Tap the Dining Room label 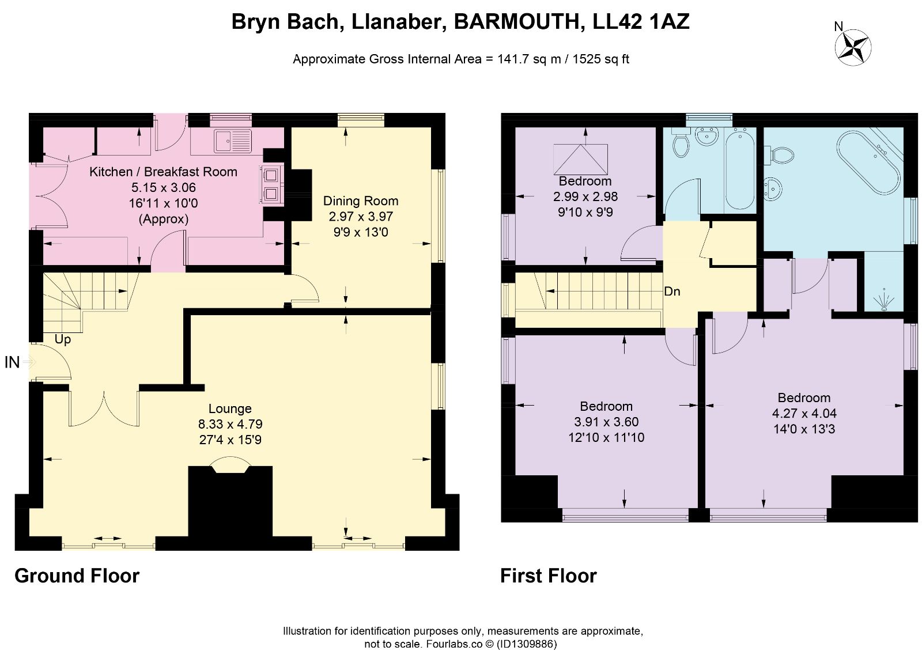(x=361, y=201)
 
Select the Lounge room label (x=230, y=408)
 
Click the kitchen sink (x=233, y=140)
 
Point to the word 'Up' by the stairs (x=63, y=339)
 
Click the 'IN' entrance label (x=12, y=362)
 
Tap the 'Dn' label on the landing (x=672, y=292)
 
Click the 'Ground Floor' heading (x=77, y=576)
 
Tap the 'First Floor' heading (x=548, y=576)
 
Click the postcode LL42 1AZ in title (x=641, y=21)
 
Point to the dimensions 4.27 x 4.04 (x=804, y=413)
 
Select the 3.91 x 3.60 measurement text (x=606, y=422)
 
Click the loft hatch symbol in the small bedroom (x=581, y=159)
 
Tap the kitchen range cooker (x=271, y=184)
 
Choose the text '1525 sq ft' (x=600, y=59)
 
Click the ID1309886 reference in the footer (x=527, y=644)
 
